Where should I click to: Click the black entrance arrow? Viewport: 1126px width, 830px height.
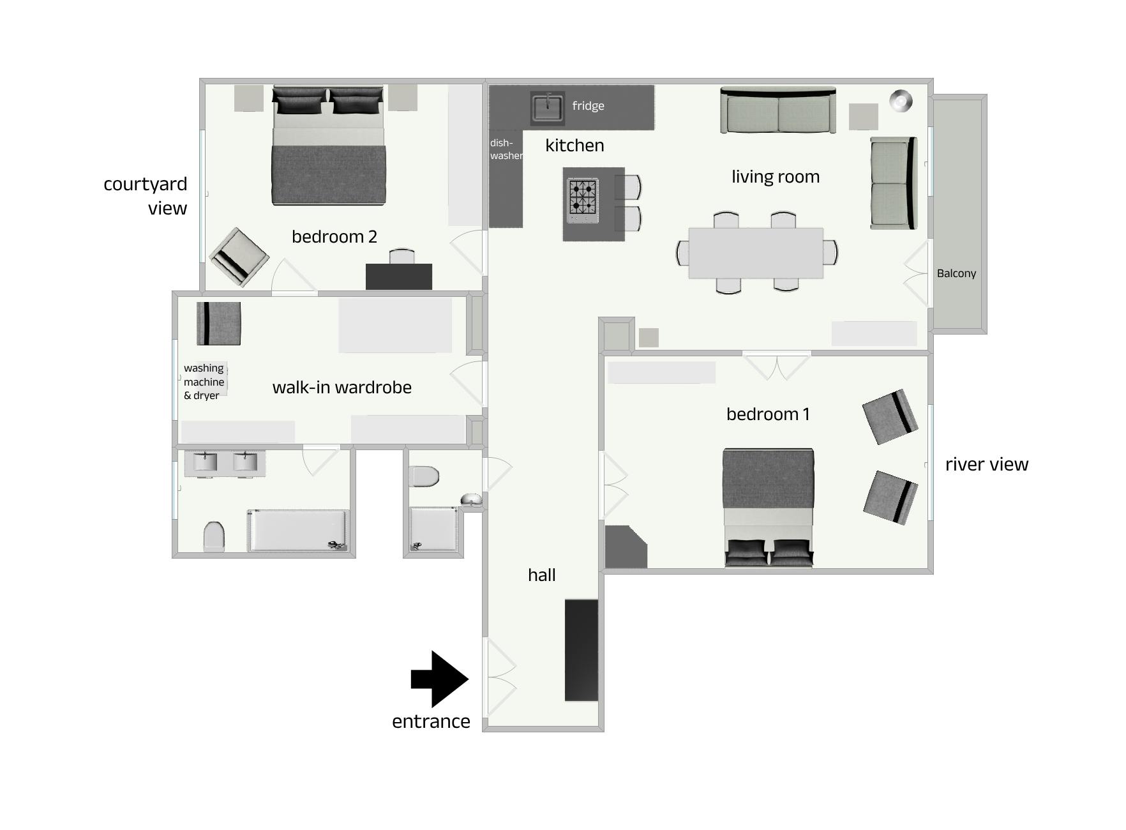click(x=440, y=679)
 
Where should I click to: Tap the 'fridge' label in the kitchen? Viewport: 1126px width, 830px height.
click(x=588, y=106)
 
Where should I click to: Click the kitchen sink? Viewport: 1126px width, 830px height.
click(x=547, y=107)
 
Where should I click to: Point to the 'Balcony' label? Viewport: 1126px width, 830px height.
click(x=956, y=273)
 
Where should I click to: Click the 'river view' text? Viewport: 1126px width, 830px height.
click(x=987, y=464)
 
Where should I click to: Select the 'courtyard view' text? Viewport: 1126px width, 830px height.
click(x=146, y=196)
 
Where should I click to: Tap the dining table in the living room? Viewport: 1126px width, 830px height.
click(x=756, y=253)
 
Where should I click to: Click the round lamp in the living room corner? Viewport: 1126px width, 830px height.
click(x=901, y=101)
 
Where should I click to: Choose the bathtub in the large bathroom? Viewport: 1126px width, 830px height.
click(x=298, y=530)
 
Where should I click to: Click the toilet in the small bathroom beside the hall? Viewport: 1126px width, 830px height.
click(x=424, y=476)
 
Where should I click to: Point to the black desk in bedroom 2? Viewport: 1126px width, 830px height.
click(x=399, y=276)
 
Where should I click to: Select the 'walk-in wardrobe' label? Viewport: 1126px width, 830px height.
click(x=342, y=388)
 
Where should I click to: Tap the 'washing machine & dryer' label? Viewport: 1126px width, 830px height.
click(x=204, y=382)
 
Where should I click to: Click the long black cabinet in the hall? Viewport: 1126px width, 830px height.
click(x=582, y=650)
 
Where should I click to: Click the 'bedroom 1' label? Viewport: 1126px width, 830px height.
click(x=768, y=414)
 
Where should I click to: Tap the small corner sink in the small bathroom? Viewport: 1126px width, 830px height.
click(x=471, y=500)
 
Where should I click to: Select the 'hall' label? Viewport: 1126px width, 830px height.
click(x=541, y=575)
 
